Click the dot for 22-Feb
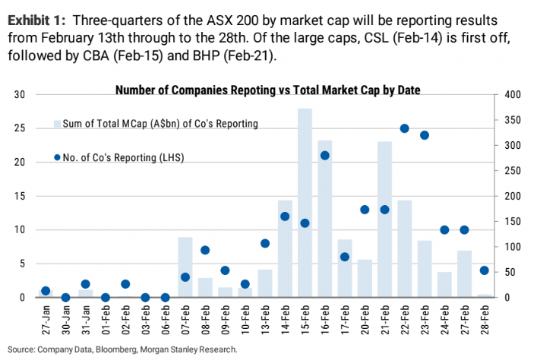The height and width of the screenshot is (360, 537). coord(405,128)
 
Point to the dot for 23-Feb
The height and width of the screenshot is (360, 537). coord(425,135)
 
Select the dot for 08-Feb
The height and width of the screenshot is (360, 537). coord(205,250)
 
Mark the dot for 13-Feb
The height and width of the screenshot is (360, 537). coord(265,243)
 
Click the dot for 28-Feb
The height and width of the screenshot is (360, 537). coord(485,270)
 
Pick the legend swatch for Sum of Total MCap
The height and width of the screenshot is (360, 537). coord(57,123)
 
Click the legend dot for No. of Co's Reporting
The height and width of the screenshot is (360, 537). coord(57,157)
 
